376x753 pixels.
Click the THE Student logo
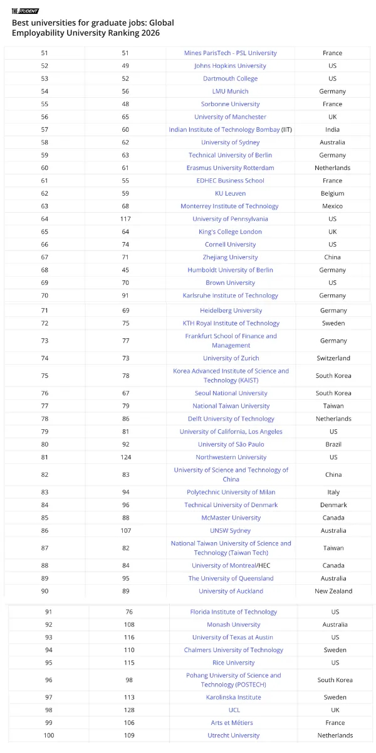coord(25,11)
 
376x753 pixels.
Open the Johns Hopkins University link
coord(230,66)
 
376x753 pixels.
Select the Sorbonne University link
coord(230,104)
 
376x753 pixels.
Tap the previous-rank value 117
coord(125,219)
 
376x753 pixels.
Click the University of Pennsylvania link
coord(230,219)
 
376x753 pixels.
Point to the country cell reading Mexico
coord(332,206)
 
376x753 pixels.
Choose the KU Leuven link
coord(230,193)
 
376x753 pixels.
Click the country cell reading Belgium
coord(332,193)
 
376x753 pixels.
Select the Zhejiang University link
coord(230,257)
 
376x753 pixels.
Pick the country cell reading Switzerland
coord(333,358)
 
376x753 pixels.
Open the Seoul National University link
coord(231,393)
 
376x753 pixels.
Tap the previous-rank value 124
coord(125,457)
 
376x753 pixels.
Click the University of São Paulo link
coord(231,444)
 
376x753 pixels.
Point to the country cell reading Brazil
coord(333,444)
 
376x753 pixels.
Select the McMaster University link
coord(231,518)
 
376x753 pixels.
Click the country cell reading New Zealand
coord(333,591)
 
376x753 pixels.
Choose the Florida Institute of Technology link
coord(233,612)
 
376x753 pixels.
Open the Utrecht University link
coord(233,735)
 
